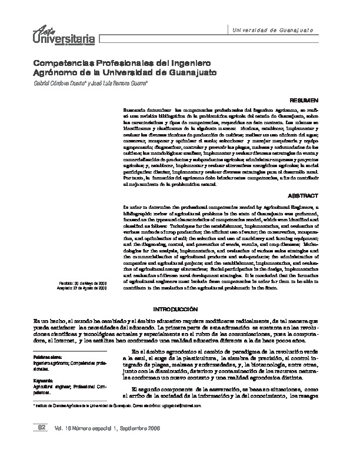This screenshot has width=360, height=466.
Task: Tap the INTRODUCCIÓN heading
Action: [x=179, y=308]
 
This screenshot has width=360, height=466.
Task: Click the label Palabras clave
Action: [x=46, y=357]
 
